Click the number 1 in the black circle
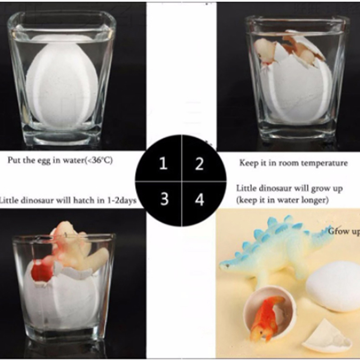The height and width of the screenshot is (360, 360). click(163, 163)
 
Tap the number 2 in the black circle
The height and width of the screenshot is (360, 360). click(199, 163)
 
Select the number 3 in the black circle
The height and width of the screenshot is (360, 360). click(164, 199)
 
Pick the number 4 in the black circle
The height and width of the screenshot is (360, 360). click(199, 199)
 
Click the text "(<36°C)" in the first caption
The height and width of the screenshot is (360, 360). click(99, 160)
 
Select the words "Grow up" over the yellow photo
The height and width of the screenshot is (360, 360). click(344, 231)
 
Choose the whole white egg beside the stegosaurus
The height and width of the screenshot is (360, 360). click(333, 287)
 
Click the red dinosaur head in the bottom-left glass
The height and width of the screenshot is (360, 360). click(41, 270)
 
